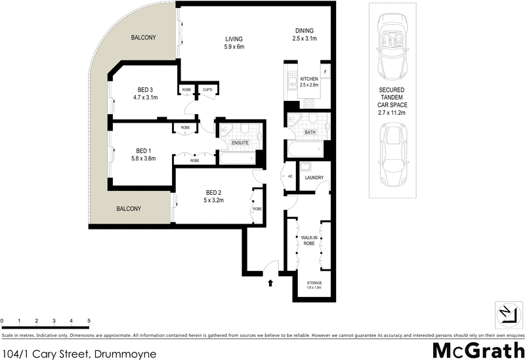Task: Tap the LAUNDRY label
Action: tap(314, 178)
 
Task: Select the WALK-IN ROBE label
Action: tap(308, 240)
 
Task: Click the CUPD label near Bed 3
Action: tap(207, 90)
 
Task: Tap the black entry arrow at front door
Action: tap(270, 283)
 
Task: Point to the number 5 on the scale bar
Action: tap(89, 321)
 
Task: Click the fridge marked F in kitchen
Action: tap(325, 71)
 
